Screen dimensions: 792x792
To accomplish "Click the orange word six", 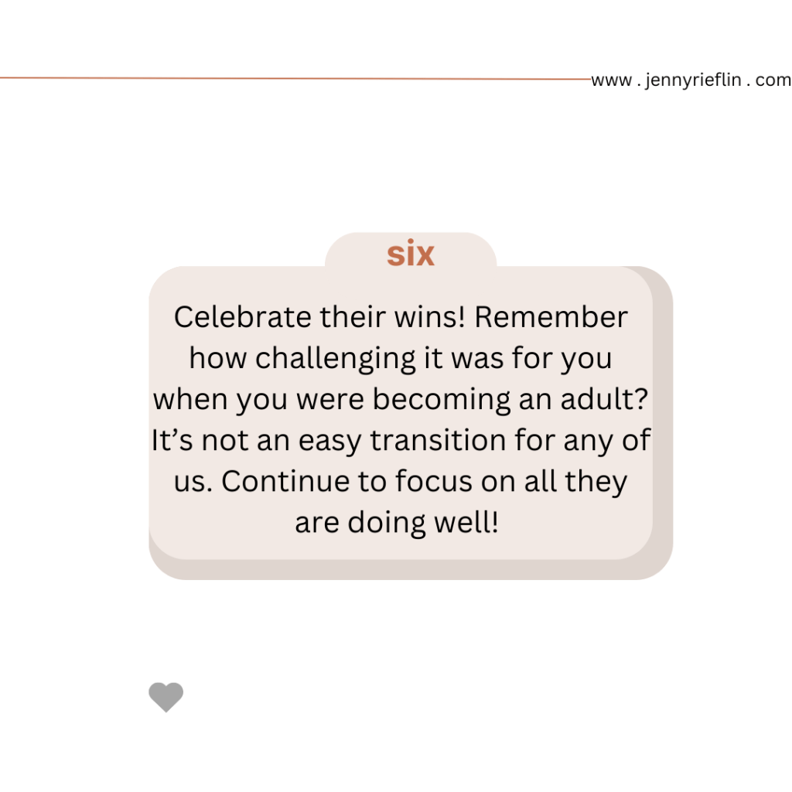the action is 410,253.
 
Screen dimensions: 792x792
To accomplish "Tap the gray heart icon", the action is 166,697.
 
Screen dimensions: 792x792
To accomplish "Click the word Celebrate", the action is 242,317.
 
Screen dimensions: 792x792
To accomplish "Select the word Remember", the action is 551,317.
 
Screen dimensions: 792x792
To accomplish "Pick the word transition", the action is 438,440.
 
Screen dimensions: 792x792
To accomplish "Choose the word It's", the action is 172,440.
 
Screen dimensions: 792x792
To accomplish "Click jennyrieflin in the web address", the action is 693,80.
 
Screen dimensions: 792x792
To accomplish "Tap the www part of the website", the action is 611,80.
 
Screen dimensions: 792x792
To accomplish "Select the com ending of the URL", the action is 773,80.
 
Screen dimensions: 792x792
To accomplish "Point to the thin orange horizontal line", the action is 295,78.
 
